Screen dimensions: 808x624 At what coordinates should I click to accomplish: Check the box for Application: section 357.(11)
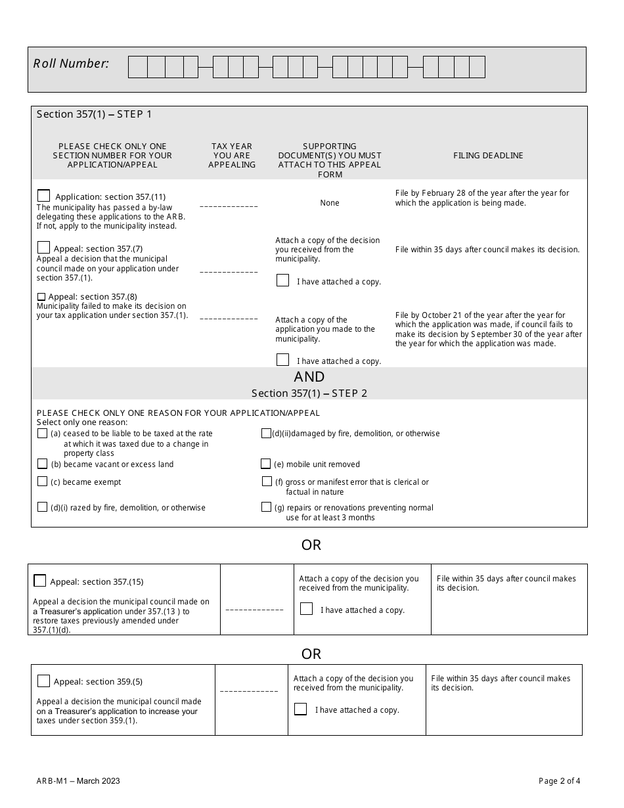click(x=44, y=196)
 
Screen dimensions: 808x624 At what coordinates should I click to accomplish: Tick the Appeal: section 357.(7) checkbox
click(x=44, y=248)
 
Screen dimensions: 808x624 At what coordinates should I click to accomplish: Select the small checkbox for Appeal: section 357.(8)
click(x=41, y=297)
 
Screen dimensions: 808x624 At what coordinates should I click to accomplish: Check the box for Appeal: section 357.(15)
click(x=40, y=581)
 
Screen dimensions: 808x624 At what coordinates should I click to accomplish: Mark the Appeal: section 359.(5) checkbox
click(x=44, y=681)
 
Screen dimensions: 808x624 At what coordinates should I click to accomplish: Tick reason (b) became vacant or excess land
click(x=43, y=464)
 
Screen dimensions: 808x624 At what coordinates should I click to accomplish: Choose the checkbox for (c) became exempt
click(x=43, y=482)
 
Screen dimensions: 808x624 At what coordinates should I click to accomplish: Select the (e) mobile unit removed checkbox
click(x=266, y=464)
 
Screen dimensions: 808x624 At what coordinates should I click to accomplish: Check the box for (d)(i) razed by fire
click(x=43, y=507)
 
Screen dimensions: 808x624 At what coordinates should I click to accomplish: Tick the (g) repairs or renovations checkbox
click(x=266, y=507)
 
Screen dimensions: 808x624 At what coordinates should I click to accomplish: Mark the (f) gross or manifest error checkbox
click(x=267, y=482)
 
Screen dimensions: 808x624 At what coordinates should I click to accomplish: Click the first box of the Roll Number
click(x=137, y=67)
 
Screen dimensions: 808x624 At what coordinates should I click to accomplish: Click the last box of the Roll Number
click(x=478, y=67)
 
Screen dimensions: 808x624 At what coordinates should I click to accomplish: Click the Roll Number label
click(x=71, y=64)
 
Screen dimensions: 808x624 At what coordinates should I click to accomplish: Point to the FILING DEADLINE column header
click(x=488, y=156)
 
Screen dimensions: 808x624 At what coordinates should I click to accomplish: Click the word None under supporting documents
click(x=330, y=203)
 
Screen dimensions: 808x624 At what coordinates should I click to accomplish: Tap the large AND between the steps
click(x=309, y=377)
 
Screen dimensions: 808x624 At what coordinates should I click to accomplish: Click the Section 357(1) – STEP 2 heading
click(x=309, y=393)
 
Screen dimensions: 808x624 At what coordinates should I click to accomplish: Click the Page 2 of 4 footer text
click(x=559, y=781)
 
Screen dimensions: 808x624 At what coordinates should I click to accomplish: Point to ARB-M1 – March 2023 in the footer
click(x=78, y=781)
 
